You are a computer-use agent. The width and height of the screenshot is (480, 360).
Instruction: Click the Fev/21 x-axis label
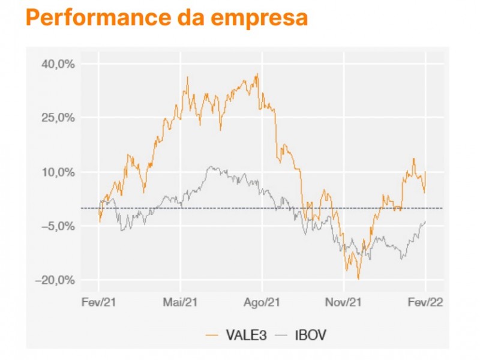pos(99,302)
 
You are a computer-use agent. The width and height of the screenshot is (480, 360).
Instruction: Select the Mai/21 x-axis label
pos(181,302)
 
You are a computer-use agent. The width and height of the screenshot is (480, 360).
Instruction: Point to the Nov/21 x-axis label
pos(344,302)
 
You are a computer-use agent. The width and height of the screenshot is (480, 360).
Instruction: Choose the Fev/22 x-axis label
pos(425,302)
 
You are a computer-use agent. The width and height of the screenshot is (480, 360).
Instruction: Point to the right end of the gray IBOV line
pos(425,221)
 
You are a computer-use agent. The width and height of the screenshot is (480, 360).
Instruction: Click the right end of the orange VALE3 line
pos(425,172)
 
